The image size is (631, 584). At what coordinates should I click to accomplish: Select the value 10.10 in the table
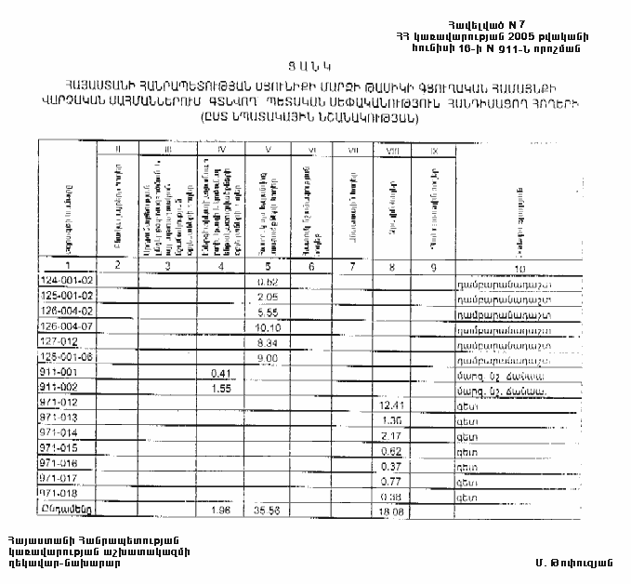(268, 327)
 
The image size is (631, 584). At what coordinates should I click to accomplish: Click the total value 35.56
(268, 511)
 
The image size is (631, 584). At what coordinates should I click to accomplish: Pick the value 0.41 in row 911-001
(221, 374)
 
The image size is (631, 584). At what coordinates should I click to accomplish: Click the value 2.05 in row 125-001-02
(268, 297)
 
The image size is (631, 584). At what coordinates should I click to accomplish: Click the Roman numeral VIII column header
(390, 149)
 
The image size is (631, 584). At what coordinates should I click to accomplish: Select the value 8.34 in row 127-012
(268, 343)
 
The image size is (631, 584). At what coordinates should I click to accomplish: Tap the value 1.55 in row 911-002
(221, 389)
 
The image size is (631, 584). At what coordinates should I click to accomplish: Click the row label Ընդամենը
(66, 510)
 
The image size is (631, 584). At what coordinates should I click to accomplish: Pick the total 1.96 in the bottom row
(221, 511)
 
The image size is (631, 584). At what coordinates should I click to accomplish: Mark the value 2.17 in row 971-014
(390, 434)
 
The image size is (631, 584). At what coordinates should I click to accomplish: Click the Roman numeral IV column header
(221, 149)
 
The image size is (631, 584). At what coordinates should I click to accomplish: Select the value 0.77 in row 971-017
(390, 480)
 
